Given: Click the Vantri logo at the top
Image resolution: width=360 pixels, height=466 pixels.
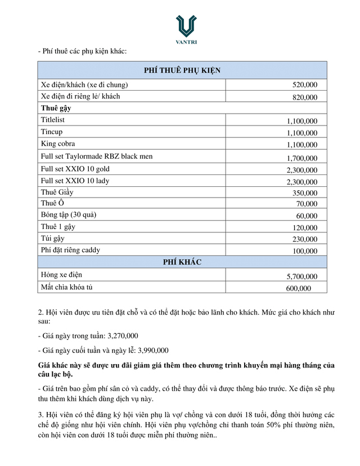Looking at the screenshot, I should pyautogui.click(x=186, y=29).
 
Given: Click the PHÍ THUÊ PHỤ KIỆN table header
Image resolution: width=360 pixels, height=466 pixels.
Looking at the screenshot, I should pyautogui.click(x=182, y=70).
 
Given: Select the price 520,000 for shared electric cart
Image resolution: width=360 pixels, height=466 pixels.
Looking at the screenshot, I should pyautogui.click(x=305, y=86).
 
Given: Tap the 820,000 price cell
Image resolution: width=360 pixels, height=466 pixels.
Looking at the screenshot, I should pyautogui.click(x=305, y=97).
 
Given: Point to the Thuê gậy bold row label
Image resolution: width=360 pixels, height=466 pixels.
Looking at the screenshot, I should pyautogui.click(x=56, y=107).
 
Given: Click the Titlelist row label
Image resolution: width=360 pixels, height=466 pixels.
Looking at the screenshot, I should pyautogui.click(x=53, y=120).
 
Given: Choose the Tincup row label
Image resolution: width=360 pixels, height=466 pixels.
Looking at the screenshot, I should pyautogui.click(x=52, y=132).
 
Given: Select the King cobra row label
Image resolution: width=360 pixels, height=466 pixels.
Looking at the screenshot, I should pyautogui.click(x=57, y=144).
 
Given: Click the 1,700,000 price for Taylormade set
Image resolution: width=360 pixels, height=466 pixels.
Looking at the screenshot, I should pyautogui.click(x=301, y=158).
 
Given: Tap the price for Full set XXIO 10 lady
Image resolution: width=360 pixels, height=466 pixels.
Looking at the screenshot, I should pyautogui.click(x=301, y=182).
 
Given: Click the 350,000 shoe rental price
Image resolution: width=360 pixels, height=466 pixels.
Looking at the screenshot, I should pyautogui.click(x=305, y=193).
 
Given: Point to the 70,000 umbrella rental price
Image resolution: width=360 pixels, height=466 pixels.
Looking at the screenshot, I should pyautogui.click(x=307, y=204).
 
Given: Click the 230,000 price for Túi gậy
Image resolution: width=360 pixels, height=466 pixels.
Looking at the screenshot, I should pyautogui.click(x=305, y=239).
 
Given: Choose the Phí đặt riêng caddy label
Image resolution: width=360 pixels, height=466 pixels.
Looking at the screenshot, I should pyautogui.click(x=70, y=250).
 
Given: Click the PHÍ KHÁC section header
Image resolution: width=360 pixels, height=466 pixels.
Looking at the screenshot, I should pyautogui.click(x=182, y=262).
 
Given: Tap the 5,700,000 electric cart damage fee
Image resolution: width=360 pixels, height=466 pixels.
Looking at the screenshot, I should pyautogui.click(x=301, y=276).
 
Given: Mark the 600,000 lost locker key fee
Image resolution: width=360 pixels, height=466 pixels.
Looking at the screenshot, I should pyautogui.click(x=298, y=288).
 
